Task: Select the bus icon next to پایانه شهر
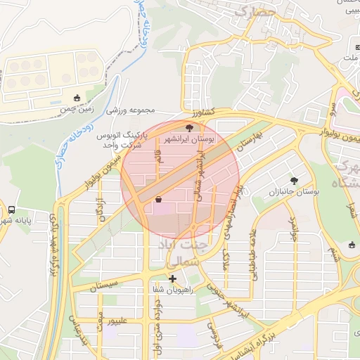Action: point(12,210)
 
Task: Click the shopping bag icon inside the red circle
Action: point(157,200)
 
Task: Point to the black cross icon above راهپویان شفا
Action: point(172,278)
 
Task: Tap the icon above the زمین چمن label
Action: point(77,98)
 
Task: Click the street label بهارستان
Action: point(249,143)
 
